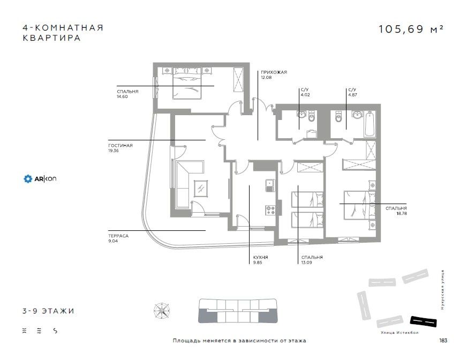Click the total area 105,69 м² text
click(410, 29)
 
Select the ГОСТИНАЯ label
click(120, 145)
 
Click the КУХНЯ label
click(261, 258)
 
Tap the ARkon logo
click(40, 178)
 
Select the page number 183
click(443, 340)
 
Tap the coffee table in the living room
click(202, 188)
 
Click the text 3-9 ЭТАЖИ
click(45, 311)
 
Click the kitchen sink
click(269, 185)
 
